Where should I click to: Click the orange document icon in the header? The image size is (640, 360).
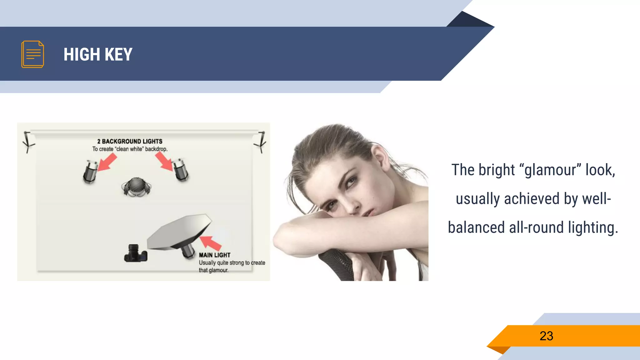(x=32, y=54)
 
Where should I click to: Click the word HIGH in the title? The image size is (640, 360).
(x=82, y=54)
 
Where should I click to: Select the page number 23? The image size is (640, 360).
(x=546, y=336)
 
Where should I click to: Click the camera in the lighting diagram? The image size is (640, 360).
(x=136, y=253)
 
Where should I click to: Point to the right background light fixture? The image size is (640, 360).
(x=181, y=169)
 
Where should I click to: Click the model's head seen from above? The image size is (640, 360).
(x=136, y=187)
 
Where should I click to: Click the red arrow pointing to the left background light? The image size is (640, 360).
(x=107, y=162)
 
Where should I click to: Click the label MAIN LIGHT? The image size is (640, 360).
(x=214, y=255)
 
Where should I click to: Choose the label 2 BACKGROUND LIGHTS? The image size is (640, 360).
(x=130, y=141)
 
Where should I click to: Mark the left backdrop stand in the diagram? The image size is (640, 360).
(x=28, y=142)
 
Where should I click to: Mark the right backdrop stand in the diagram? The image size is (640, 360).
(x=261, y=142)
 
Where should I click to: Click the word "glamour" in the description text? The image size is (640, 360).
(x=550, y=170)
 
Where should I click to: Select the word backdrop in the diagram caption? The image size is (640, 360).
(x=156, y=149)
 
